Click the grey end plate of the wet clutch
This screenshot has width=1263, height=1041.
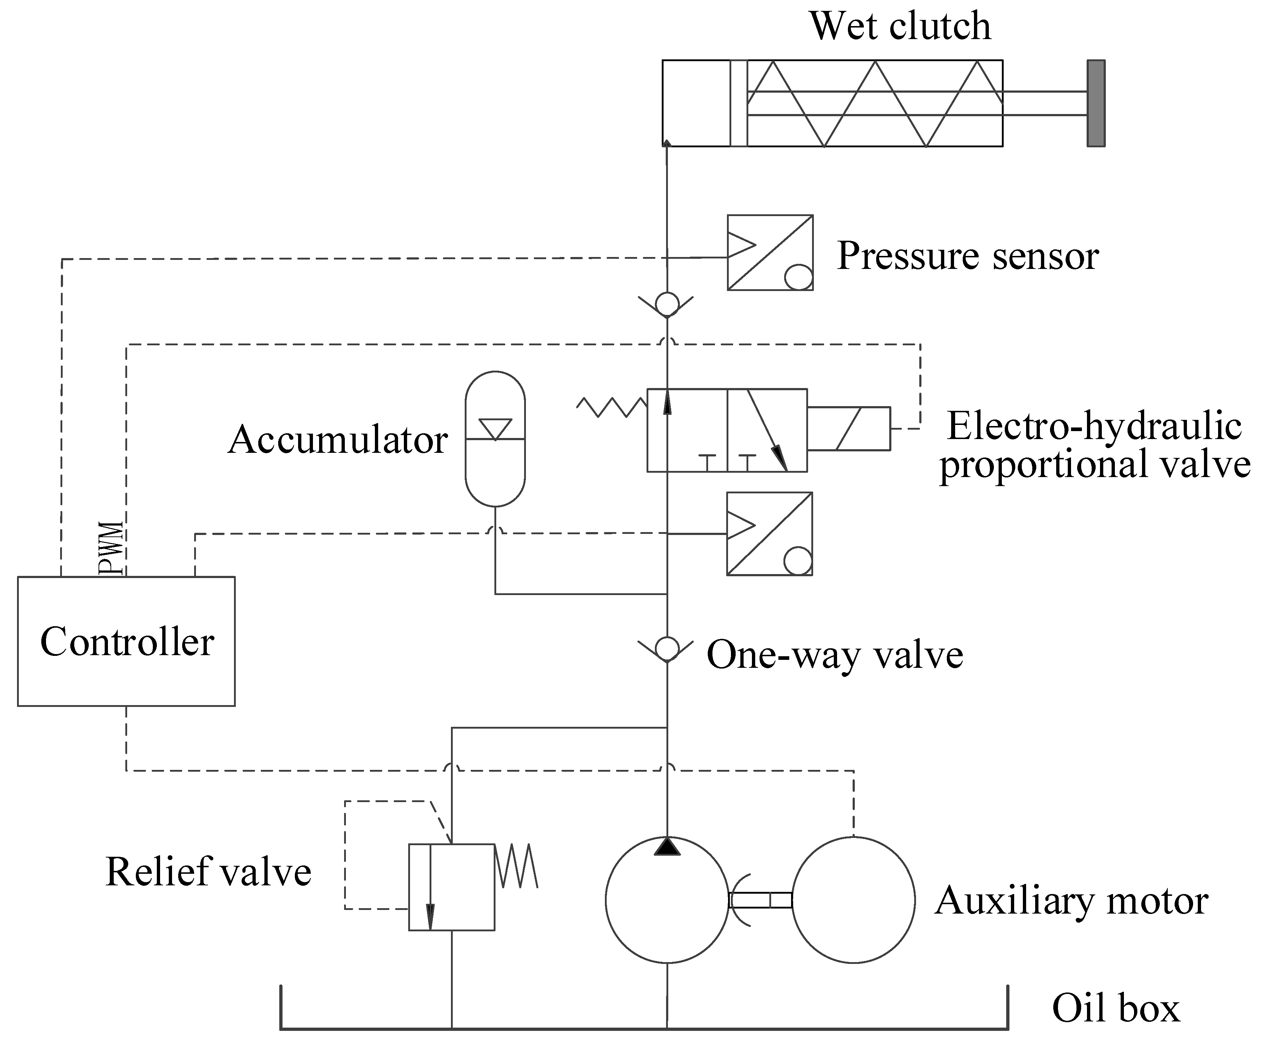coord(1096,103)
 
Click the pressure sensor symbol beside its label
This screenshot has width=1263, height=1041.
coord(770,252)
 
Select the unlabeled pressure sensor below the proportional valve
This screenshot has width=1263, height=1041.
coord(769,534)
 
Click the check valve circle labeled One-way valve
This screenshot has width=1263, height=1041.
coord(666,649)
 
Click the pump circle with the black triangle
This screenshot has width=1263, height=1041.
coord(666,899)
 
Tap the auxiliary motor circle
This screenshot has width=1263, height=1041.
coord(853,899)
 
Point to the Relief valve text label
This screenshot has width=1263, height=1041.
coord(208,872)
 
